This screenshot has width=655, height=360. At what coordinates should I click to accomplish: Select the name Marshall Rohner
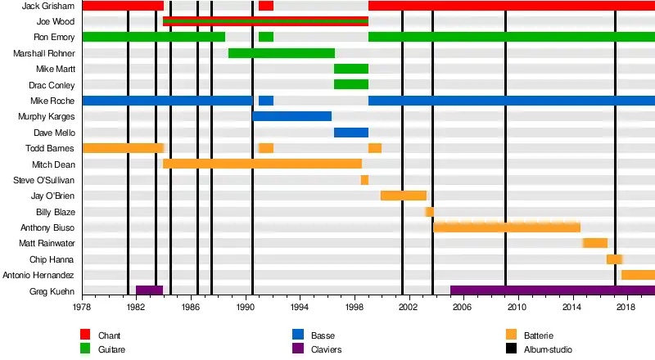[44, 53]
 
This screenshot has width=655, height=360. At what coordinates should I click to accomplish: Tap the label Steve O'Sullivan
[44, 180]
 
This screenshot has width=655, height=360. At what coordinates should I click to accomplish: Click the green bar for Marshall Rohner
[281, 53]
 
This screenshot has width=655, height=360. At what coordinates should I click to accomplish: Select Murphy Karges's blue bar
[291, 116]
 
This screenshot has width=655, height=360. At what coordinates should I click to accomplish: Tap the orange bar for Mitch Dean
[262, 164]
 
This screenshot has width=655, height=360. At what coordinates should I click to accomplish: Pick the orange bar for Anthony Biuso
[506, 227]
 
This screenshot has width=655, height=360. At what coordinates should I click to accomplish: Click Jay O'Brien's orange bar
[403, 196]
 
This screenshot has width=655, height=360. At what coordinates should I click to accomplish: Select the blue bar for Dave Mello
[350, 133]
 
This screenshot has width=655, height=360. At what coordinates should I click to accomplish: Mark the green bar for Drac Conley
[350, 85]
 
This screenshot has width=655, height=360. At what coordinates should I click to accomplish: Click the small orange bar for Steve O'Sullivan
[364, 180]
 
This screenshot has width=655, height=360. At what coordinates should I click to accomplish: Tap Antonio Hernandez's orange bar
[638, 275]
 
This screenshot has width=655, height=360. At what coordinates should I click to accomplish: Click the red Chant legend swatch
[84, 335]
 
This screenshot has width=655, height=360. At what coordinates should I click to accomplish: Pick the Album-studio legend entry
[548, 349]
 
